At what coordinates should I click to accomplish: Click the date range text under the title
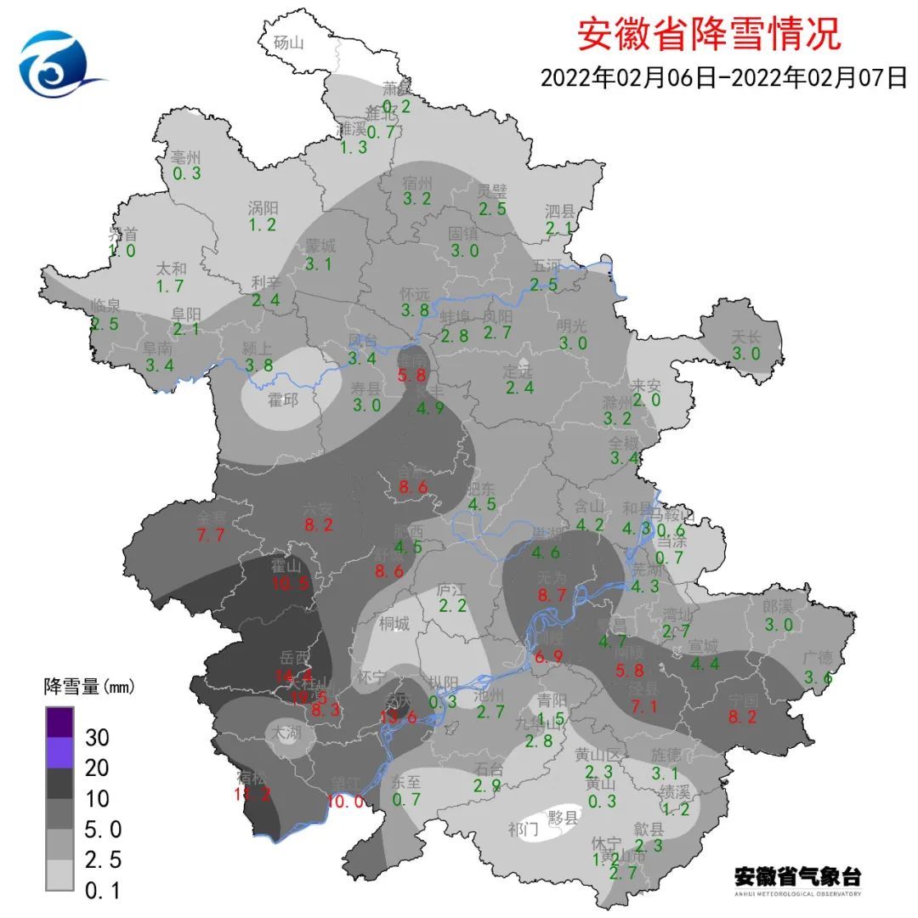pos(723,77)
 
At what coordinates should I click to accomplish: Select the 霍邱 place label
pos(283,399)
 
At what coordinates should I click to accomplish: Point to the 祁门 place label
pos(523,829)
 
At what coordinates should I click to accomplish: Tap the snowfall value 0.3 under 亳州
pos(186,173)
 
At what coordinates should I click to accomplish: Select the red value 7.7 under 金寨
pos(210,535)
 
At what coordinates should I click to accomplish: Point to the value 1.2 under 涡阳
pos(263,224)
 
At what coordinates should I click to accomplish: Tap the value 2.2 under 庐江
pos(452,605)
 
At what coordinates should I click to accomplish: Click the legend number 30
pos(97,736)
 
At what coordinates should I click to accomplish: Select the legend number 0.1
pos(104,891)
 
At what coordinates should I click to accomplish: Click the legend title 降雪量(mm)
pos(89,685)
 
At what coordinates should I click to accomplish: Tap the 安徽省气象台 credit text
pos(796,876)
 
